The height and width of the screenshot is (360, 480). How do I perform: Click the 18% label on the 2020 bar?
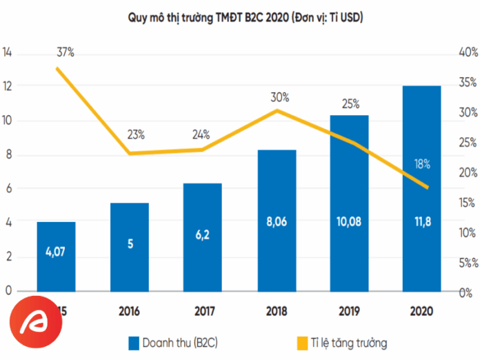[422, 164]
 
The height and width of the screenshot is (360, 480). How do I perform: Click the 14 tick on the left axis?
[8, 53]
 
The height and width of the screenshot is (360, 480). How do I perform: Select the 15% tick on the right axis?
[467, 203]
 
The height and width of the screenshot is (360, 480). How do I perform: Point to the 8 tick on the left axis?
[8, 155]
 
